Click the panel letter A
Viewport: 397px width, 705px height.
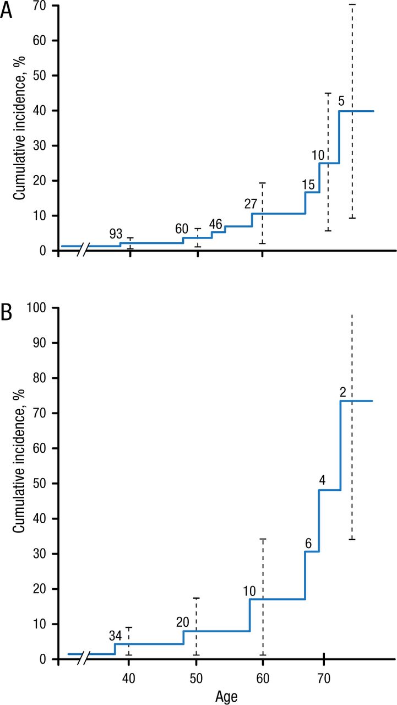click(x=6, y=11)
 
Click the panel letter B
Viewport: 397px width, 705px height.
click(x=6, y=312)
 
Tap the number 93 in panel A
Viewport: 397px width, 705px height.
click(x=116, y=234)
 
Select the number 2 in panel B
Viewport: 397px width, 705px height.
click(x=342, y=392)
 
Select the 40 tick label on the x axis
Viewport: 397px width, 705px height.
click(x=129, y=676)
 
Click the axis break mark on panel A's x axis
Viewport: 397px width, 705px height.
click(x=81, y=251)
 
